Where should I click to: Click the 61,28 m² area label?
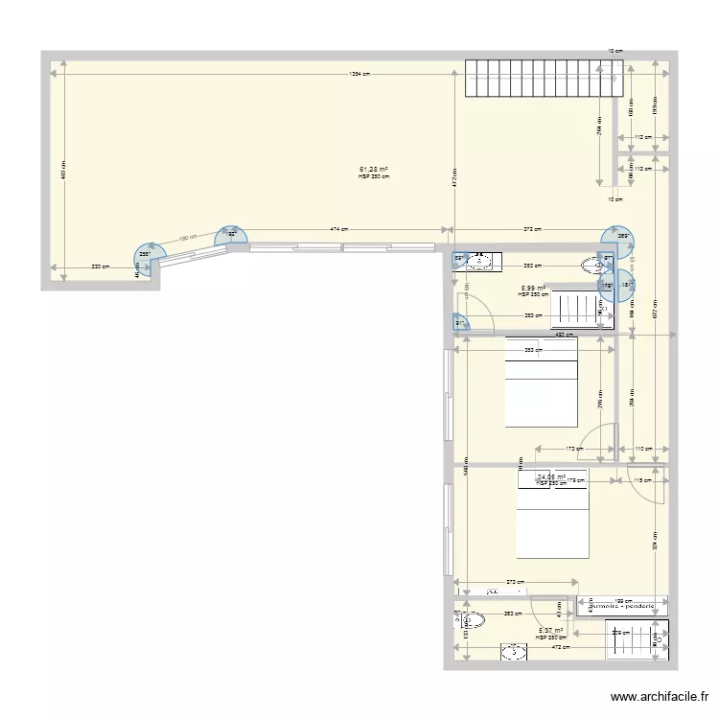tap(374, 170)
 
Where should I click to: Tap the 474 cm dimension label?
tap(338, 229)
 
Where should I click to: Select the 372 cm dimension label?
tap(531, 229)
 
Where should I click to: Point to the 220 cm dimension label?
tap(98, 267)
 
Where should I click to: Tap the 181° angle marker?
tap(627, 284)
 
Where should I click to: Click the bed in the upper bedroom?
tap(541, 382)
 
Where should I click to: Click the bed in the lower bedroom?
tap(552, 519)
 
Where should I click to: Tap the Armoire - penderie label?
tap(621, 606)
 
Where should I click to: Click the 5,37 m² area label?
tap(550, 631)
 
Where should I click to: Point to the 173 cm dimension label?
tap(574, 449)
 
